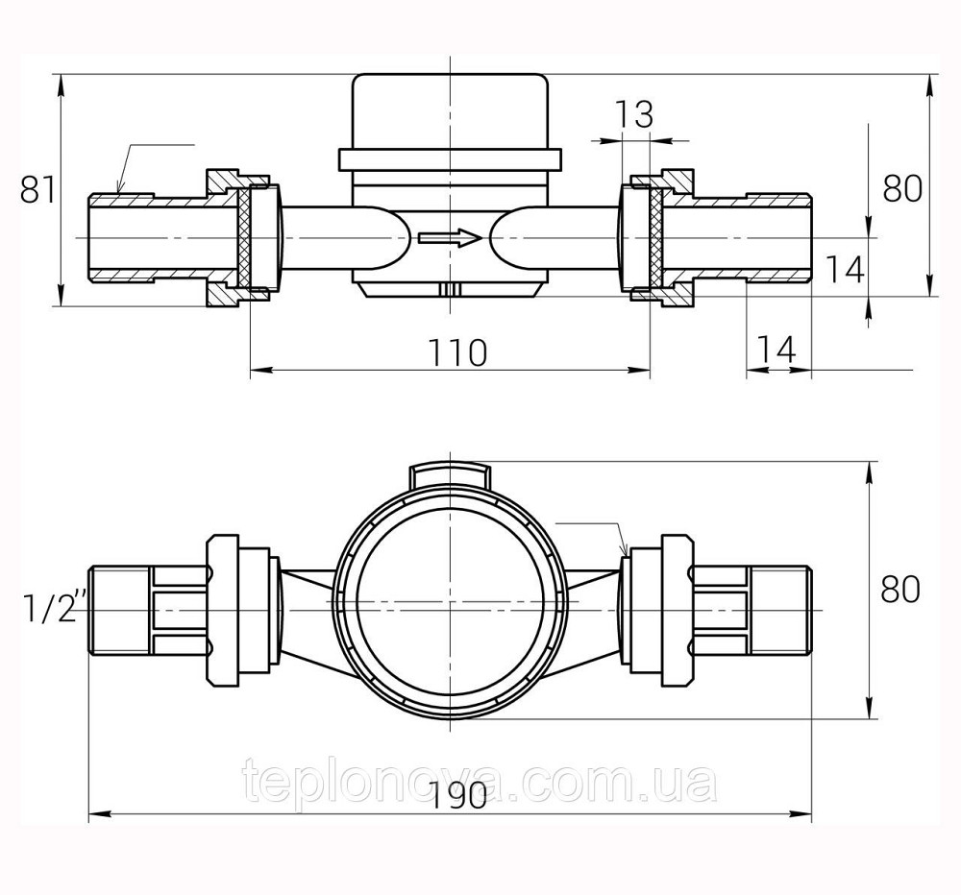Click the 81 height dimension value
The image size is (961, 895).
(37, 190)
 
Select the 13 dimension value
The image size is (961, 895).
(633, 115)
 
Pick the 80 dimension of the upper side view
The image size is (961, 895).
(902, 189)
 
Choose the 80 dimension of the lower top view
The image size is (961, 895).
(900, 589)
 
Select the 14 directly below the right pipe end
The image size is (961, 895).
(776, 351)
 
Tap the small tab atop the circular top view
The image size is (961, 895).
(450, 472)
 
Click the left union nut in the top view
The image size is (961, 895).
(223, 611)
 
